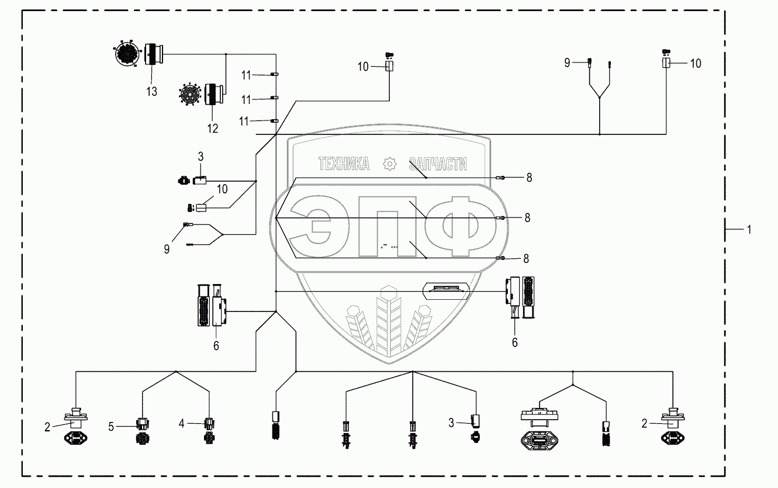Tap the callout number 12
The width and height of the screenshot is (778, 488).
tap(212, 129)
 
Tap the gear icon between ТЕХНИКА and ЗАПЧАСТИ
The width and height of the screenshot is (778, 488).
tap(388, 165)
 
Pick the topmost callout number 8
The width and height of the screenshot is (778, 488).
tap(529, 178)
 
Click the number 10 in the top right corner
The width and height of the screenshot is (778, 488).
tap(696, 63)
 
